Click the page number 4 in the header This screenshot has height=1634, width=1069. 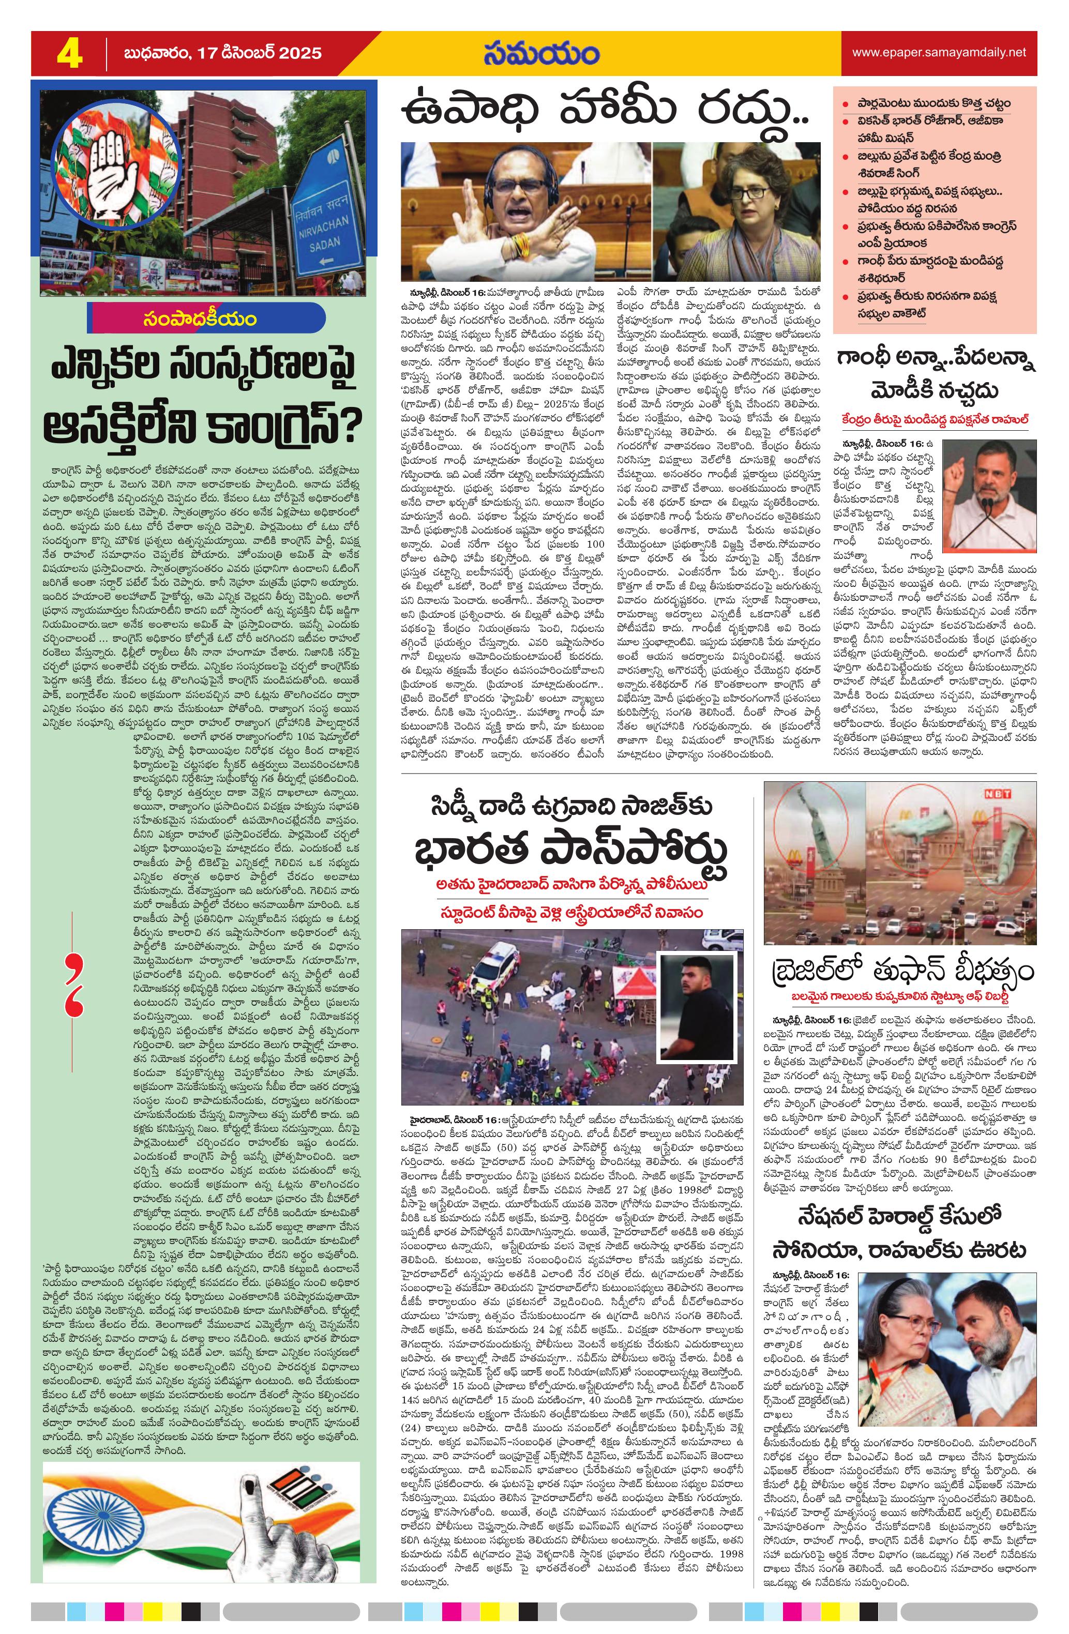pos(70,53)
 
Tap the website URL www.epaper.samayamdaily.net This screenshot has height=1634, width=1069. pos(939,52)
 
